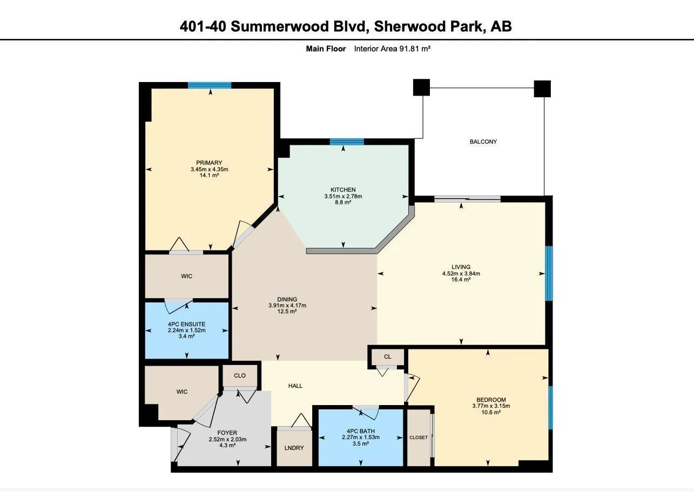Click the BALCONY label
pyautogui.click(x=483, y=141)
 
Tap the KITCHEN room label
pyautogui.click(x=343, y=190)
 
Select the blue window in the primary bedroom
pyautogui.click(x=210, y=85)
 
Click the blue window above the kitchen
pyautogui.click(x=347, y=142)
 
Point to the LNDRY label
pyautogui.click(x=294, y=448)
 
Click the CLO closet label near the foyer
pyautogui.click(x=239, y=375)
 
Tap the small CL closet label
pyautogui.click(x=387, y=356)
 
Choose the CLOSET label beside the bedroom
pyautogui.click(x=418, y=437)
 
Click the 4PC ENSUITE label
pyautogui.click(x=186, y=324)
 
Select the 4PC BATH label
pyautogui.click(x=361, y=431)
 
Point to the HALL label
pyautogui.click(x=295, y=386)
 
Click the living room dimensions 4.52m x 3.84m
pyautogui.click(x=461, y=273)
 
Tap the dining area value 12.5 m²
pyautogui.click(x=287, y=311)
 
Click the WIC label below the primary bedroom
pyautogui.click(x=186, y=276)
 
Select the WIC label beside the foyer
pyautogui.click(x=182, y=392)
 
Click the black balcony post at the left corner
pyautogui.click(x=421, y=87)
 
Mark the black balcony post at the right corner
pyautogui.click(x=542, y=89)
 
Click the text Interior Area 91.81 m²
pyautogui.click(x=392, y=49)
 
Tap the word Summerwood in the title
pyautogui.click(x=279, y=26)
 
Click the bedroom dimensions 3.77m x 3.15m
pyautogui.click(x=491, y=406)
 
